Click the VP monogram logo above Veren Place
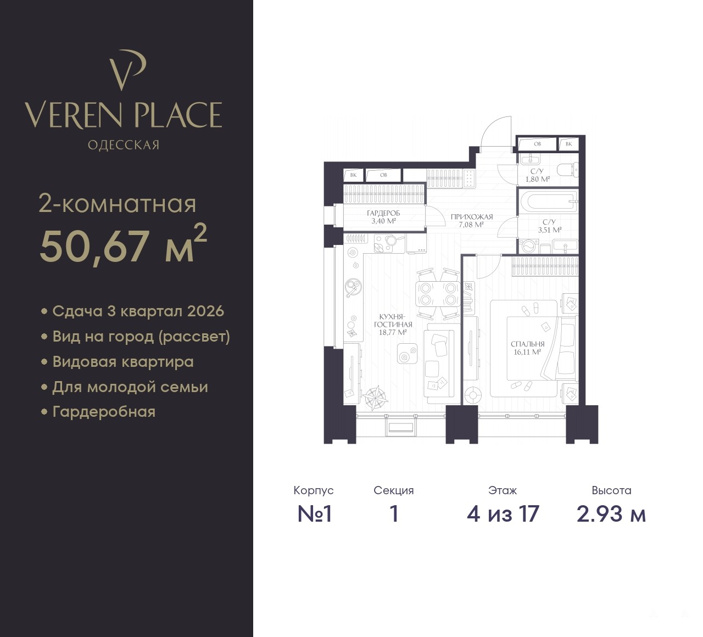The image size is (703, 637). [127, 70]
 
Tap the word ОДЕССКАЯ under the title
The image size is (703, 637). [124, 145]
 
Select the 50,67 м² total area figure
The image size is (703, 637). [123, 244]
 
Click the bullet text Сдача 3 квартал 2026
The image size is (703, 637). [138, 311]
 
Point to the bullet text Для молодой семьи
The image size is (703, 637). [130, 387]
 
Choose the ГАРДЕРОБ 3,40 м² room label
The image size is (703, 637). [383, 217]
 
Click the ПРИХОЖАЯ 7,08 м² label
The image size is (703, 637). [472, 220]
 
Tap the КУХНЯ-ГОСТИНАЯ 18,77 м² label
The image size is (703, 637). [393, 324]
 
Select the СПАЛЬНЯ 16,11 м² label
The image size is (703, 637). [527, 348]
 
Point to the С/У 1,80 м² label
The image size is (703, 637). [537, 175]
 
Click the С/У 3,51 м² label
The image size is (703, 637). [550, 226]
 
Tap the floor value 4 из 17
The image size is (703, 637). [503, 514]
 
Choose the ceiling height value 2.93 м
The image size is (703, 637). [611, 514]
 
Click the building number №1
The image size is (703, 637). [314, 514]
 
